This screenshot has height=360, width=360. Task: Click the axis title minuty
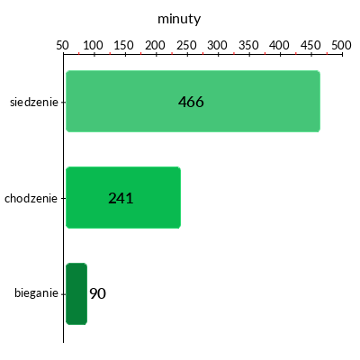(x=179, y=19)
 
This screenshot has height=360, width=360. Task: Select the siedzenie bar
(x=193, y=101)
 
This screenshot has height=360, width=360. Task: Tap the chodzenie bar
(x=123, y=197)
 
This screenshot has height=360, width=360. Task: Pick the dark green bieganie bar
(x=76, y=293)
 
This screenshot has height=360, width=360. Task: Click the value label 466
(x=191, y=102)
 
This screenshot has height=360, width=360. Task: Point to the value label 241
(x=121, y=198)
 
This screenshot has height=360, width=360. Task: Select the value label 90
(x=97, y=293)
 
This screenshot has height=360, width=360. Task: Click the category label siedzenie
(x=34, y=102)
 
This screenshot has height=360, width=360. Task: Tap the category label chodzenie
(x=31, y=198)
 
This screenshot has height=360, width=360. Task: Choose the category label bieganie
(x=36, y=292)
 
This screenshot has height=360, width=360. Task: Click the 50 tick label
(x=62, y=45)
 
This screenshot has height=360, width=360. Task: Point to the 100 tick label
(x=93, y=45)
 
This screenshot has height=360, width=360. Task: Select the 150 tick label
(x=124, y=45)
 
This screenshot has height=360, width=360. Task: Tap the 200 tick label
(x=155, y=45)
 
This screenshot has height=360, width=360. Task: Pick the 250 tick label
(x=186, y=45)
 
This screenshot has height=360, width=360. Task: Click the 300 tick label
(x=217, y=45)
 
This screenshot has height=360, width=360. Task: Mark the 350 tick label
(x=248, y=45)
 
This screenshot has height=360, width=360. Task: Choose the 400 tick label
(x=279, y=45)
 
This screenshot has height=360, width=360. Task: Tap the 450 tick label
(x=310, y=45)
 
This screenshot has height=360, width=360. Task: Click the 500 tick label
(x=341, y=45)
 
